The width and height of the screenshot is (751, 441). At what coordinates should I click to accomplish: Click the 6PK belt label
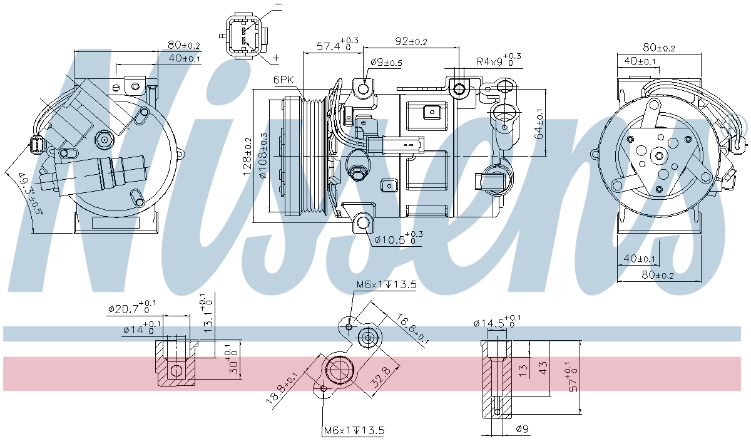(x=284, y=80)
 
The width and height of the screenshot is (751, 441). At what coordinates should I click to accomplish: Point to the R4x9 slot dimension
(x=498, y=61)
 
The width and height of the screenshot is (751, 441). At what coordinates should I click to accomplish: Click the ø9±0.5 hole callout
(x=386, y=63)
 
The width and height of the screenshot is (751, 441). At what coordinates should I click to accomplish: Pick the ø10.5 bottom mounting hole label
(x=399, y=239)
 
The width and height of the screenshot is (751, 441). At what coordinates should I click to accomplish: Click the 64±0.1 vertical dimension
(x=539, y=124)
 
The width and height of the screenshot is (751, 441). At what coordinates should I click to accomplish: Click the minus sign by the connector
(x=278, y=5)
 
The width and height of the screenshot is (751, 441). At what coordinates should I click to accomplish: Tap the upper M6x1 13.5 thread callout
(x=386, y=285)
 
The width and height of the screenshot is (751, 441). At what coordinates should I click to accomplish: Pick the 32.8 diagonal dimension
(x=381, y=378)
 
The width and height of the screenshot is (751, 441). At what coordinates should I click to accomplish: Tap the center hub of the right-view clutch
(x=659, y=155)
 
